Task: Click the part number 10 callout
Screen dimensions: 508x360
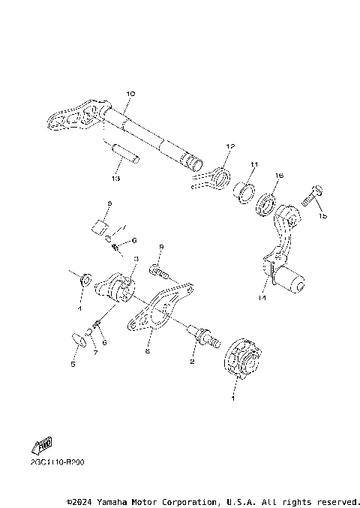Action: coord(130,94)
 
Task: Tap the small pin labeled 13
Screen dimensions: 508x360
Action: coord(124,155)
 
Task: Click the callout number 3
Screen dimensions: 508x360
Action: coord(136,258)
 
